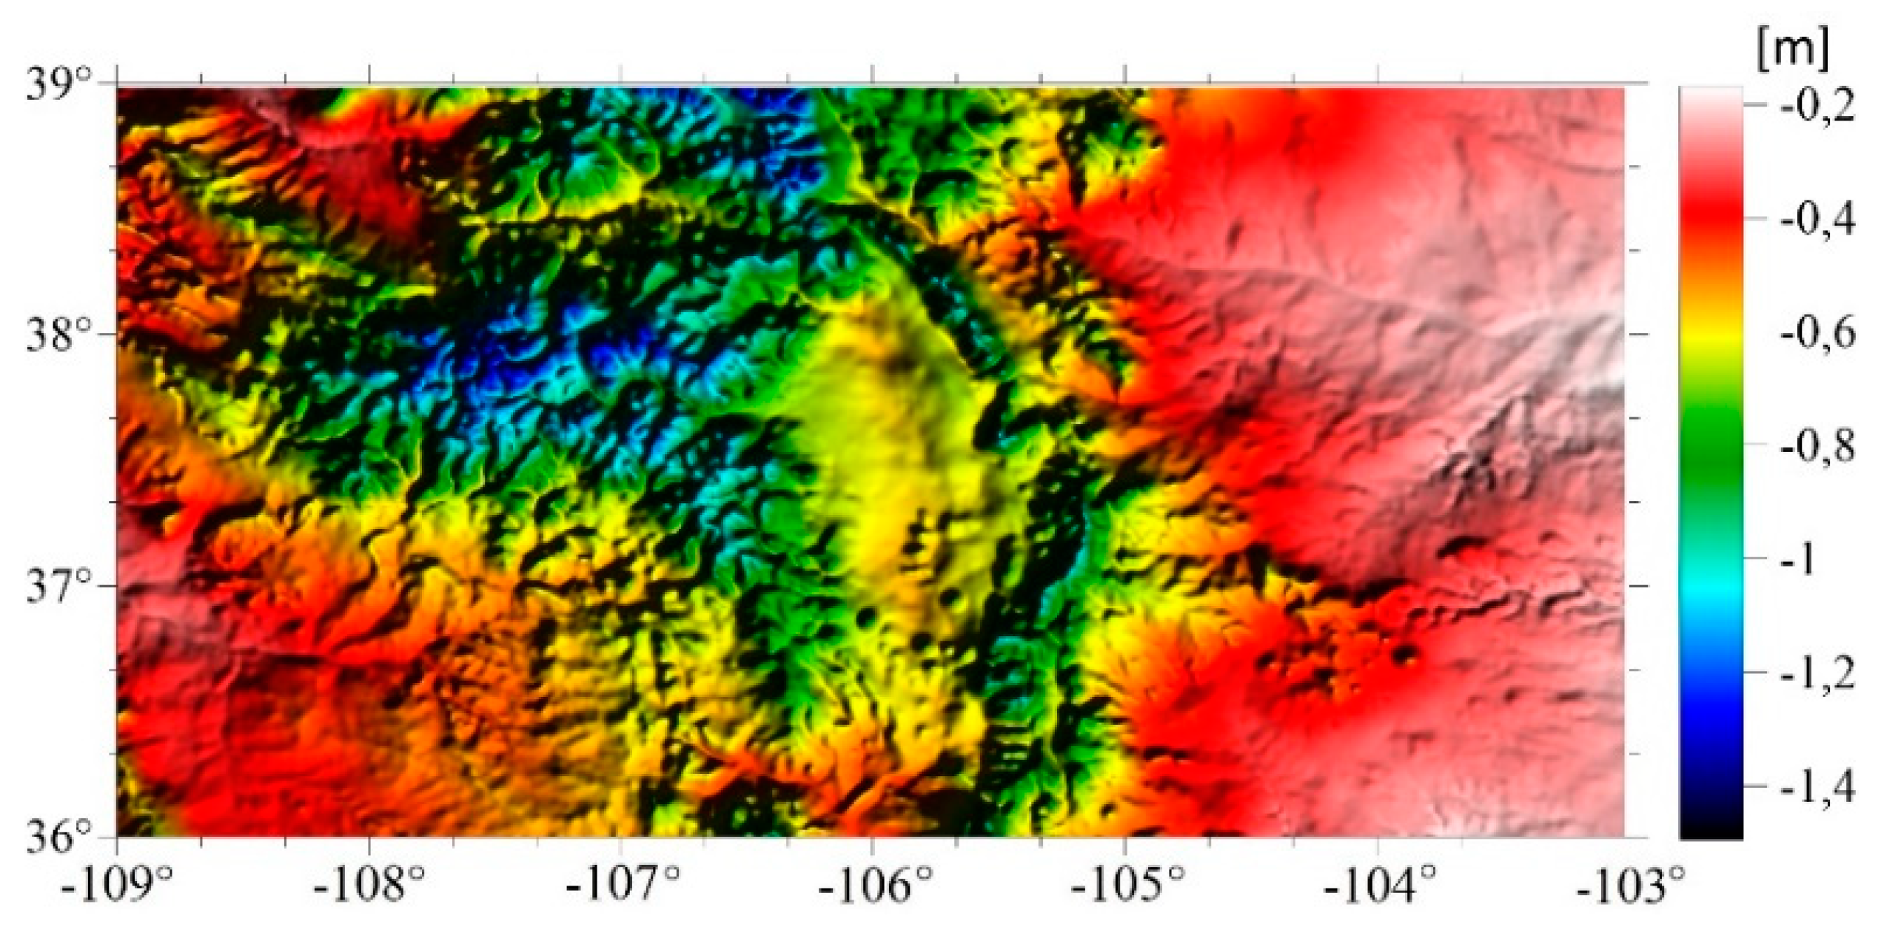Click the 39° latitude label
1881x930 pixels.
click(x=61, y=85)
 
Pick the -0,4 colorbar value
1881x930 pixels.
click(x=1818, y=220)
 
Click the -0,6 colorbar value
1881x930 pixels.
click(x=1818, y=333)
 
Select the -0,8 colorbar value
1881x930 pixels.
click(x=1818, y=446)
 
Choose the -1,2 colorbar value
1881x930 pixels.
click(x=1818, y=673)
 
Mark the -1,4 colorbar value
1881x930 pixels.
click(x=1818, y=786)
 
